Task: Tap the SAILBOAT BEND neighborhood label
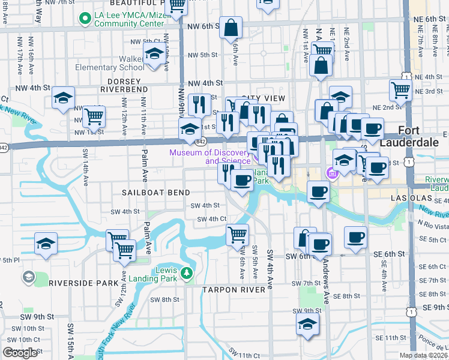[x=156, y=193]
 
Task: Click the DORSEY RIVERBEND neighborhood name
[x=127, y=85]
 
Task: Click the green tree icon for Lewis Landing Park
[x=187, y=274]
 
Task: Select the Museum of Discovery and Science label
[x=209, y=157]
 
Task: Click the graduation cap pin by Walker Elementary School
[x=154, y=54]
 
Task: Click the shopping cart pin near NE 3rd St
[x=400, y=91]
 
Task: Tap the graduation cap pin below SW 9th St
[x=307, y=325]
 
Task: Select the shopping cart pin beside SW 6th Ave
[x=237, y=235]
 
